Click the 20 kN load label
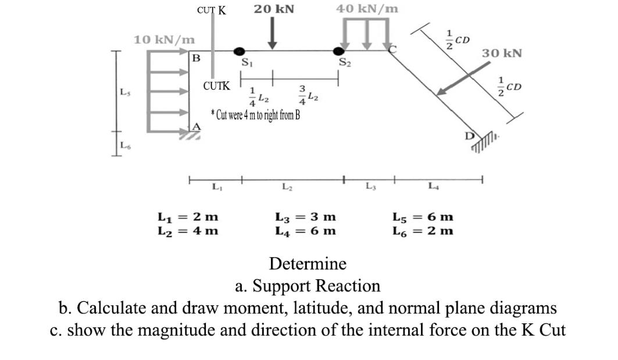(x=274, y=9)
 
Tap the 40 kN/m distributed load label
(x=367, y=9)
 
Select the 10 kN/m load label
(x=165, y=40)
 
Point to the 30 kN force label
(x=502, y=54)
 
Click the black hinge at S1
(x=240, y=51)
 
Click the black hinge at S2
(x=338, y=51)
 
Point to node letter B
(x=196, y=58)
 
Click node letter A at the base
(x=197, y=126)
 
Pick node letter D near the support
(x=469, y=136)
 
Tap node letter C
(x=392, y=48)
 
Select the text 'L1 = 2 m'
(x=188, y=217)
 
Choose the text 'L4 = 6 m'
(x=305, y=231)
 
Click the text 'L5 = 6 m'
(x=423, y=217)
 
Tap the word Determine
(x=308, y=263)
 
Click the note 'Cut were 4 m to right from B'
(x=255, y=115)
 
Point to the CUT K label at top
(x=212, y=10)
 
